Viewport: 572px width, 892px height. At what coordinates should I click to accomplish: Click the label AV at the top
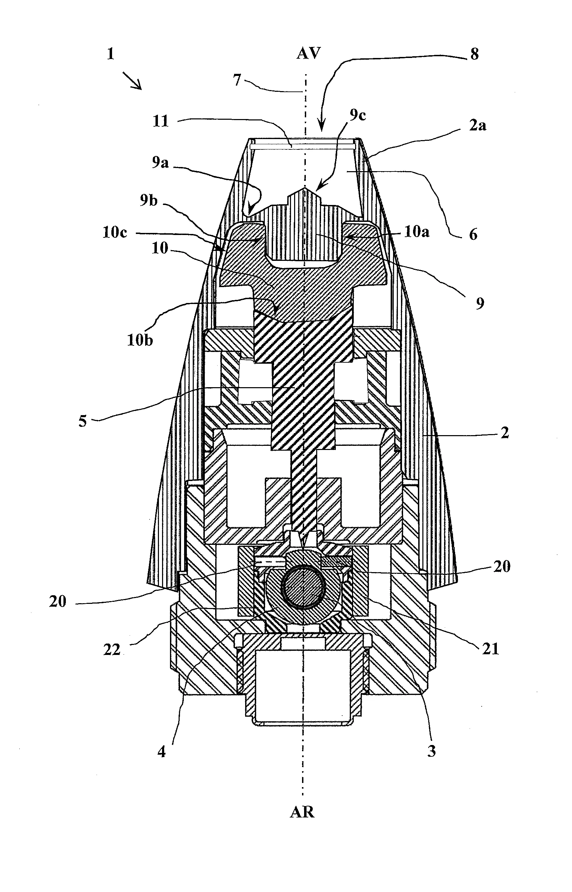(308, 54)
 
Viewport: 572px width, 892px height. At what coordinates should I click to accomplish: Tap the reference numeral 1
(111, 54)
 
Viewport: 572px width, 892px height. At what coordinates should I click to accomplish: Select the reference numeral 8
(474, 54)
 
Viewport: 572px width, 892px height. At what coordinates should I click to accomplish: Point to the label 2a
(477, 126)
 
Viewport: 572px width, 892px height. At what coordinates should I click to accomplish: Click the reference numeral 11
(161, 121)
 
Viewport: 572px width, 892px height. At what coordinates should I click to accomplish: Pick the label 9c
(357, 116)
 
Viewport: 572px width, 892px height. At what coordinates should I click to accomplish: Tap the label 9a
(160, 163)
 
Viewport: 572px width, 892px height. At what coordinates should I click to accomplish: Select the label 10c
(115, 233)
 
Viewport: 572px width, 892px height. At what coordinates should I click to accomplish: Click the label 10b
(140, 341)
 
